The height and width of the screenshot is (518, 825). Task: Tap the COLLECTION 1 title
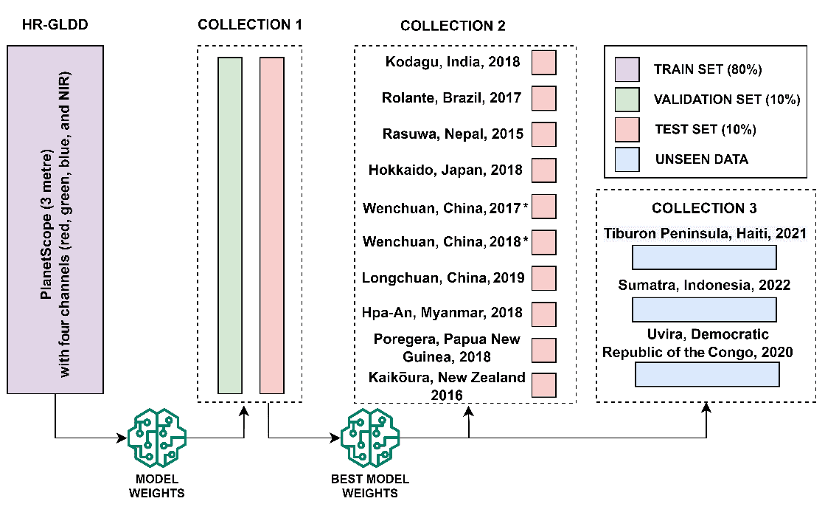coord(250,25)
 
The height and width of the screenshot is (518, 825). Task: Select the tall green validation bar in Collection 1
coord(230,224)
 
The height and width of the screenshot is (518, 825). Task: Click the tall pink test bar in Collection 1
coord(271,224)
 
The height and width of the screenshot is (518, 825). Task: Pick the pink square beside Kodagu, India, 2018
coord(543,62)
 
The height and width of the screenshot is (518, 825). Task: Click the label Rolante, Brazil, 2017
coord(451,97)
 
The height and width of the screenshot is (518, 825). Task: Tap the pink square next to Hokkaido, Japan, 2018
coord(543,170)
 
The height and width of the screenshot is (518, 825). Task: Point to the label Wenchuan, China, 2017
coord(442,207)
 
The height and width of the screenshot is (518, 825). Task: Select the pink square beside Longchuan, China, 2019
coord(543,278)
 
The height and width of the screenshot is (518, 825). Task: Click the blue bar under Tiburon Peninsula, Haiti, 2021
coord(704,258)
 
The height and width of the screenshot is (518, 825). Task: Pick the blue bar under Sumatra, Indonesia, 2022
coord(704,309)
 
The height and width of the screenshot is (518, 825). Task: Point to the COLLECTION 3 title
coord(704,208)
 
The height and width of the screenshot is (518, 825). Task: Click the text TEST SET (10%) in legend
coord(704,130)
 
